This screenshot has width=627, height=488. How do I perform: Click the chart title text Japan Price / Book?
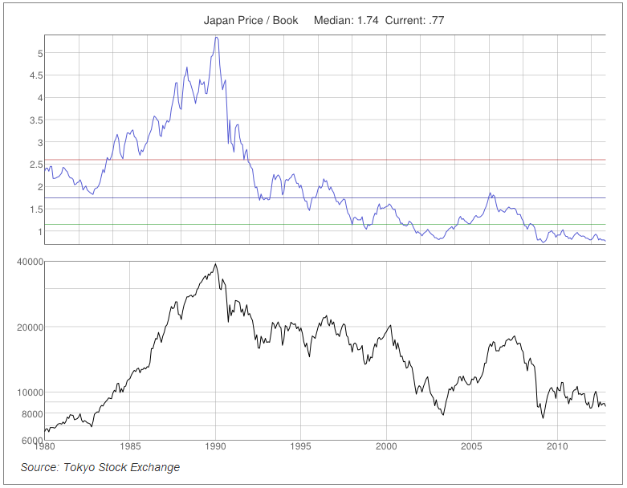[x=251, y=20]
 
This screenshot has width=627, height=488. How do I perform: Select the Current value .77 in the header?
[x=436, y=20]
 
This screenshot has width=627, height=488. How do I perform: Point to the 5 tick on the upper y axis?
[x=39, y=54]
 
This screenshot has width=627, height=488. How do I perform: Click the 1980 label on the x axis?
[x=45, y=446]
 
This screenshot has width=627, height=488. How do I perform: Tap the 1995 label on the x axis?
[x=301, y=446]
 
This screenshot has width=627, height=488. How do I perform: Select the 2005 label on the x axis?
[x=472, y=446]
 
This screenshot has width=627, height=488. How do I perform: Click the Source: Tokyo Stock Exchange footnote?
[x=100, y=467]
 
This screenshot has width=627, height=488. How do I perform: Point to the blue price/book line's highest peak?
[x=216, y=37]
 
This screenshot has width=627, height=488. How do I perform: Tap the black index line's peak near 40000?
[x=215, y=264]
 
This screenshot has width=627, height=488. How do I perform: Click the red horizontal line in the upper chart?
[x=401, y=160]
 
